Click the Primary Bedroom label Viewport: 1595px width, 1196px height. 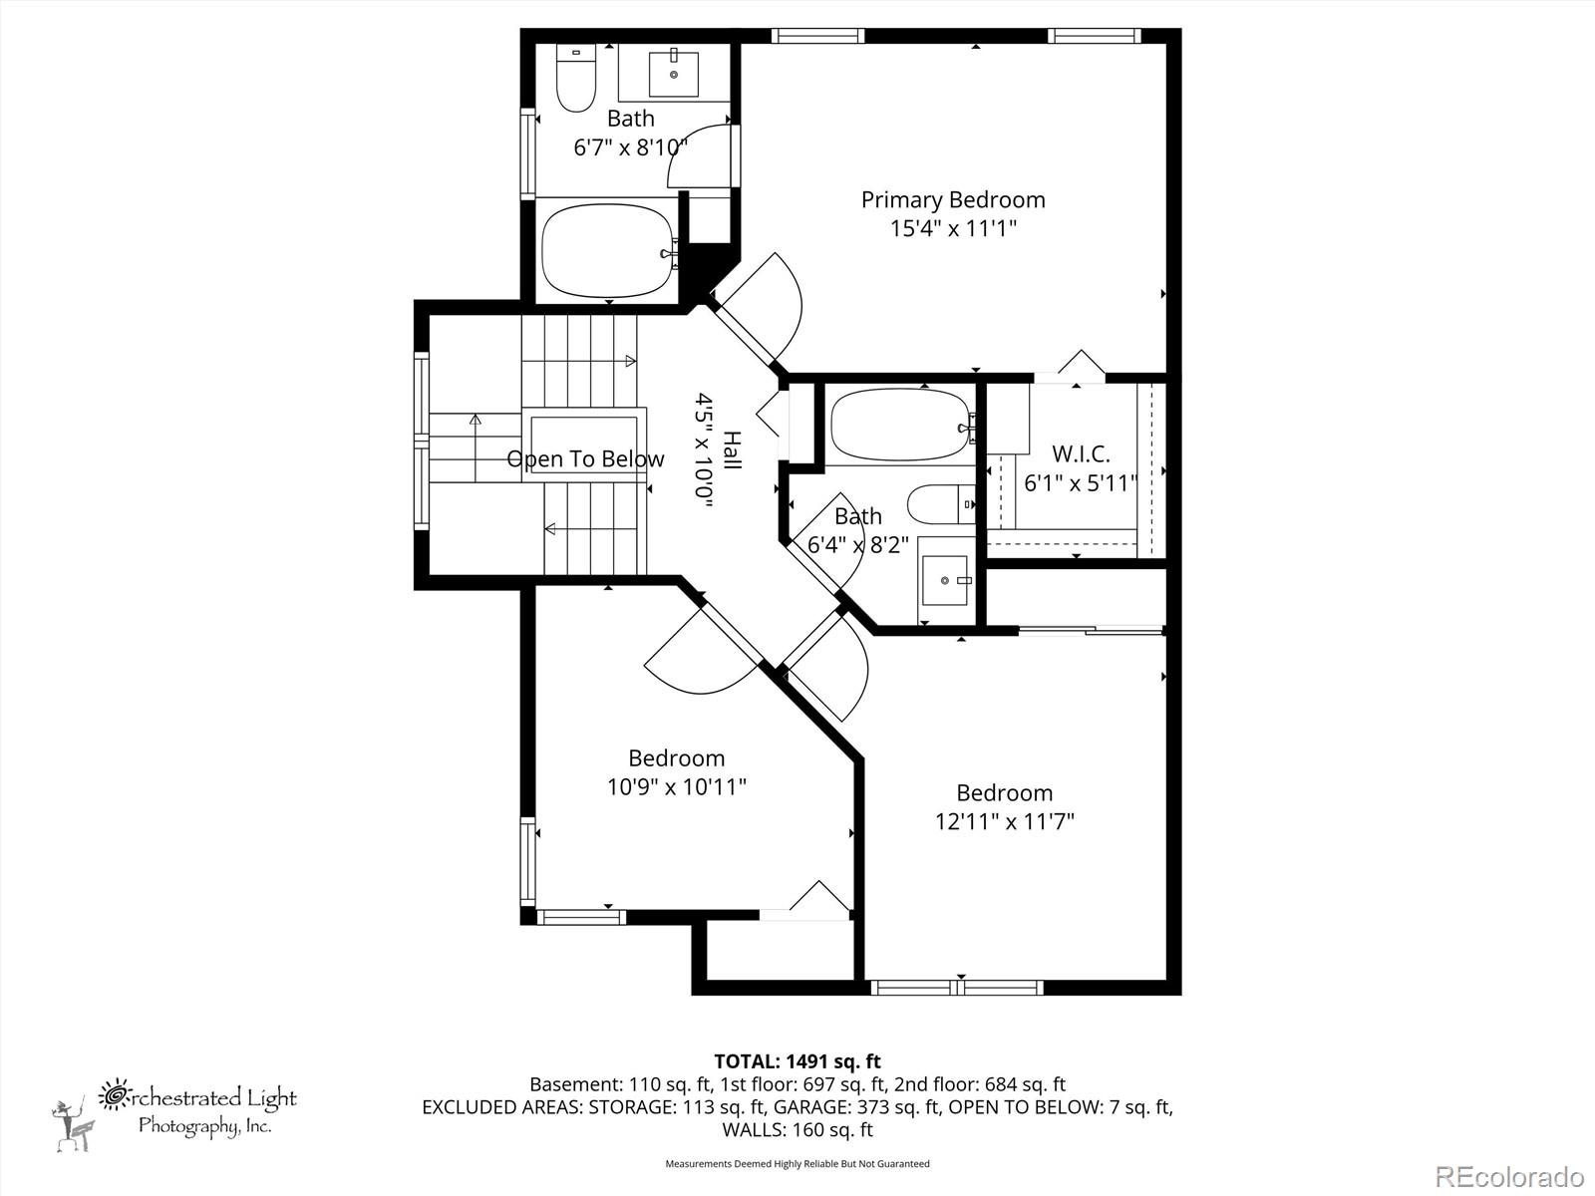click(953, 199)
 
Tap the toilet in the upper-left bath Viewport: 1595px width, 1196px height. click(575, 78)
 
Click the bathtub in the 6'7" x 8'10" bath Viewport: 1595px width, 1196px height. click(607, 252)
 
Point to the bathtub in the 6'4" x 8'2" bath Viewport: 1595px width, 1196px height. click(900, 425)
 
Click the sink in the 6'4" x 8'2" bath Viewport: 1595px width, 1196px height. click(944, 579)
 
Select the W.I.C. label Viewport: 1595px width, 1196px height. click(1081, 454)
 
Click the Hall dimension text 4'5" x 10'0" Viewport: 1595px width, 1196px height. click(705, 451)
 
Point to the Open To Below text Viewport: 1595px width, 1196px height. click(585, 459)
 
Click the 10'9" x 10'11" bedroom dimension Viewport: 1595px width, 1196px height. click(677, 787)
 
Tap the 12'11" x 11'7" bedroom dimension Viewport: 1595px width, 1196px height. click(1004, 822)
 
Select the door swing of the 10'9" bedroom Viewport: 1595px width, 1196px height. click(698, 658)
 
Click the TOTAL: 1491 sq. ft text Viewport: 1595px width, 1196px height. click(797, 1061)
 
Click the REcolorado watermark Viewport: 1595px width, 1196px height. click(1509, 1176)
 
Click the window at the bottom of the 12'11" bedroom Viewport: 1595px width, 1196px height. click(957, 988)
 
